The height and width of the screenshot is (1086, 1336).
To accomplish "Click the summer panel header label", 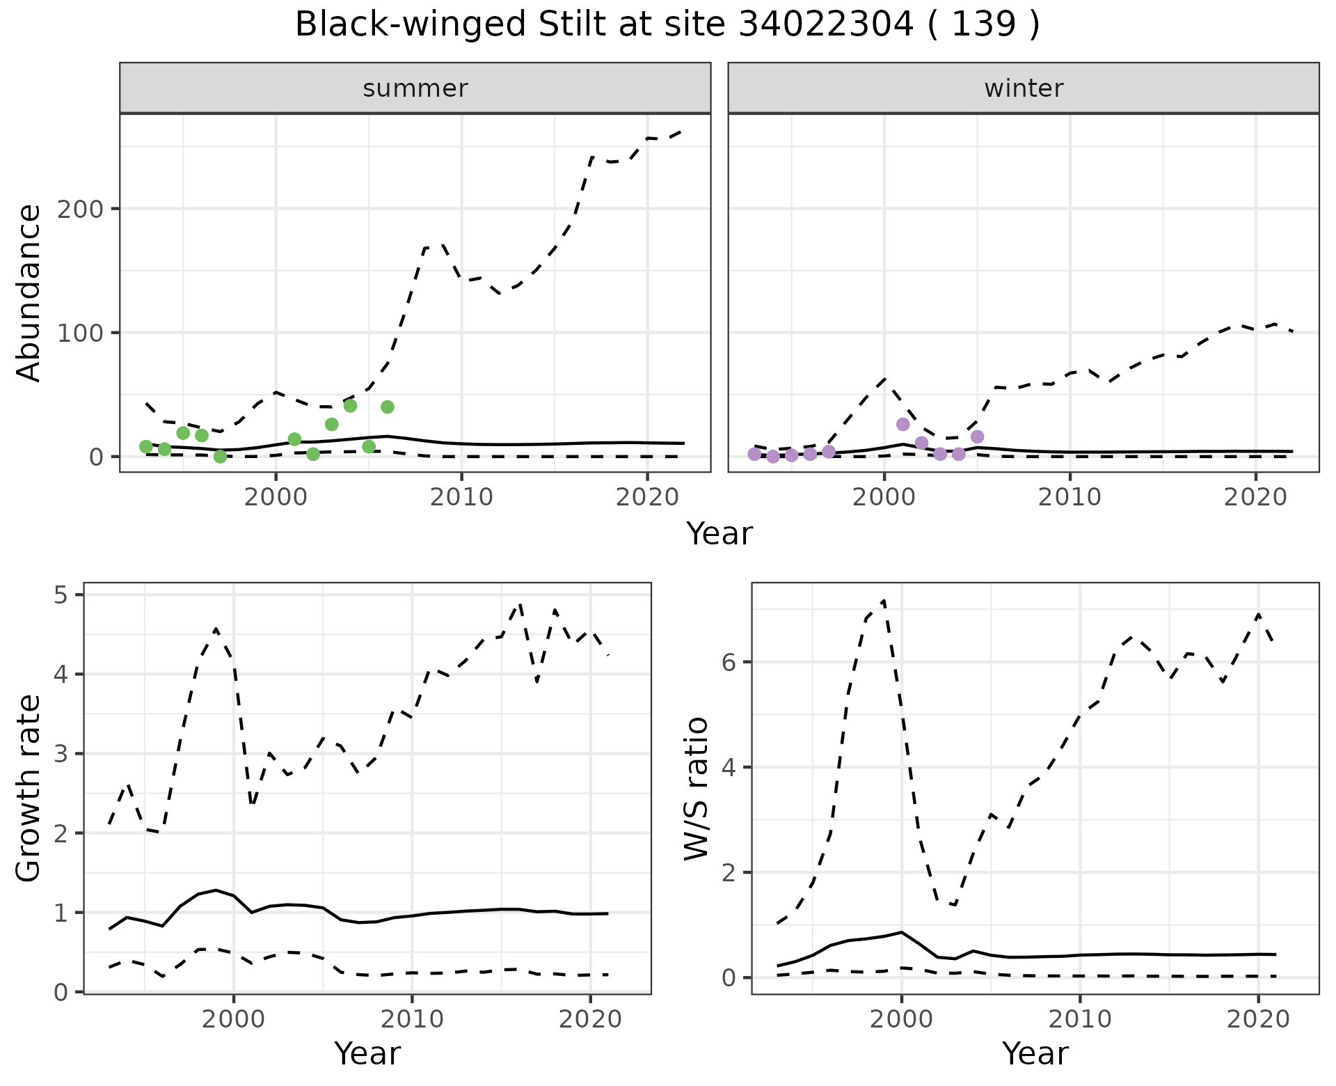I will [x=415, y=88].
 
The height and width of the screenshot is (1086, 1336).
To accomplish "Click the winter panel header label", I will [x=1023, y=88].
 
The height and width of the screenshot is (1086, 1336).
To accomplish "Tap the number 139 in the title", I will [x=983, y=25].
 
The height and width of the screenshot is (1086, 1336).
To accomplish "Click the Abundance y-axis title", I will [x=29, y=293].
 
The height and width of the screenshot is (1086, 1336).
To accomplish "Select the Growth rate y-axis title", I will [x=29, y=789].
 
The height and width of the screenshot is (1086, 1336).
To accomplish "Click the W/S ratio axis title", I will [x=697, y=789].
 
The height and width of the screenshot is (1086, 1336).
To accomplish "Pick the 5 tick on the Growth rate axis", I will [x=61, y=595].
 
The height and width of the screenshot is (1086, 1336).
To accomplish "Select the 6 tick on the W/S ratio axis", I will [x=729, y=661].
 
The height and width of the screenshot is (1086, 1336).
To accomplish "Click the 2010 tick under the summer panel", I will [x=461, y=497].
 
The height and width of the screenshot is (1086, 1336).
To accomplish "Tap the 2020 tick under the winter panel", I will [x=1255, y=497].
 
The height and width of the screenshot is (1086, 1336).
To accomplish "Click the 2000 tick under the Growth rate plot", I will [x=234, y=1020].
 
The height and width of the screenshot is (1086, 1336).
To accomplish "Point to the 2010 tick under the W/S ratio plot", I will [x=1079, y=1020].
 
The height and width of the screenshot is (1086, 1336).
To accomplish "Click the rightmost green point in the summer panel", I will [x=388, y=407].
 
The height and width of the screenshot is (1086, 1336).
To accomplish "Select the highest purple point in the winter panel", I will [x=903, y=425].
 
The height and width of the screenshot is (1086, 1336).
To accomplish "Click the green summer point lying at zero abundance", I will [x=221, y=457].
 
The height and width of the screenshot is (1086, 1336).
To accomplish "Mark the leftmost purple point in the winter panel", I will [x=754, y=455].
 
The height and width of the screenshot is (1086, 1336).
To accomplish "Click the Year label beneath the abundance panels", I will [x=719, y=534].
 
